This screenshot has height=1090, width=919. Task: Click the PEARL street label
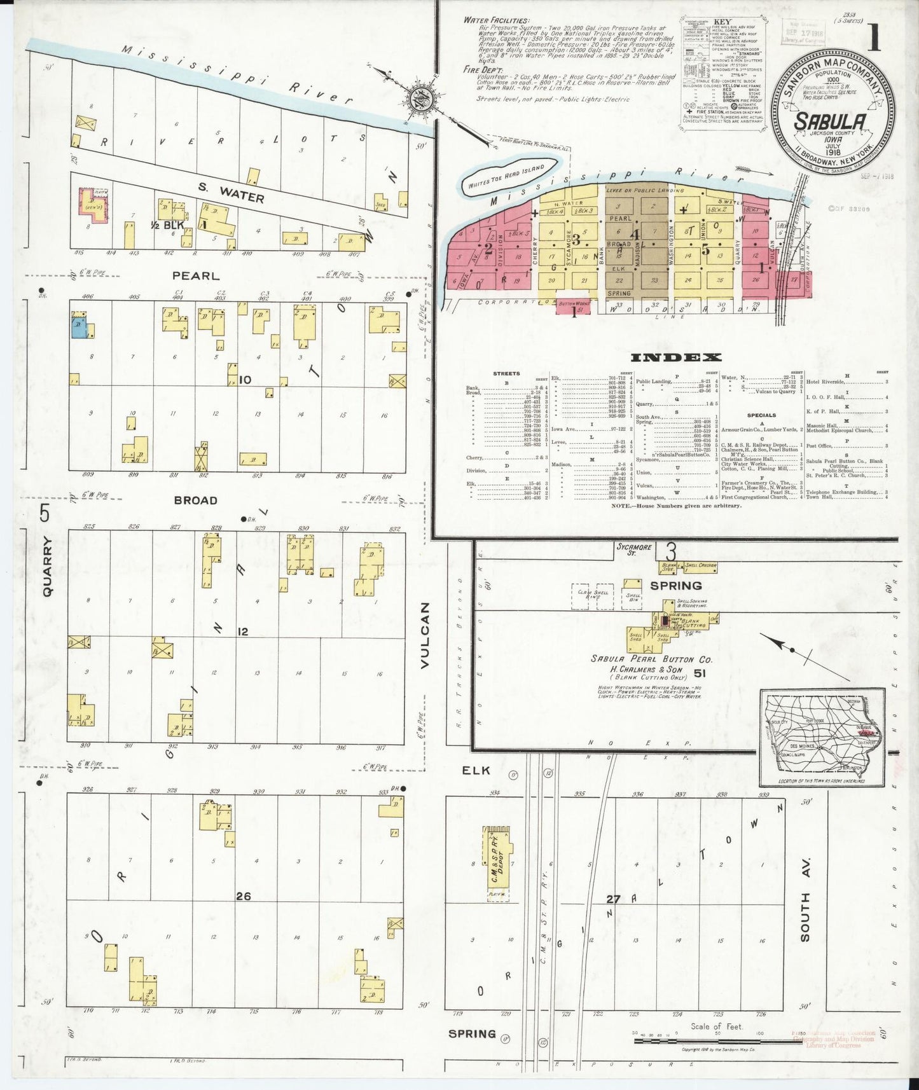tap(196, 276)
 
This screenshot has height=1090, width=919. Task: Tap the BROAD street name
tap(196, 500)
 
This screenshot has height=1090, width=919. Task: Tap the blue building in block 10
tap(79, 328)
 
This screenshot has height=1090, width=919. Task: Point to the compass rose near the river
tap(420, 99)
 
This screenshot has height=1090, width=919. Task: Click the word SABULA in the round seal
tap(829, 121)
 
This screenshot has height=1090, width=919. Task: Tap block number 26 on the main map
tap(243, 896)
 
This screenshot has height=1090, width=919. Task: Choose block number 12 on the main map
tap(242, 631)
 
